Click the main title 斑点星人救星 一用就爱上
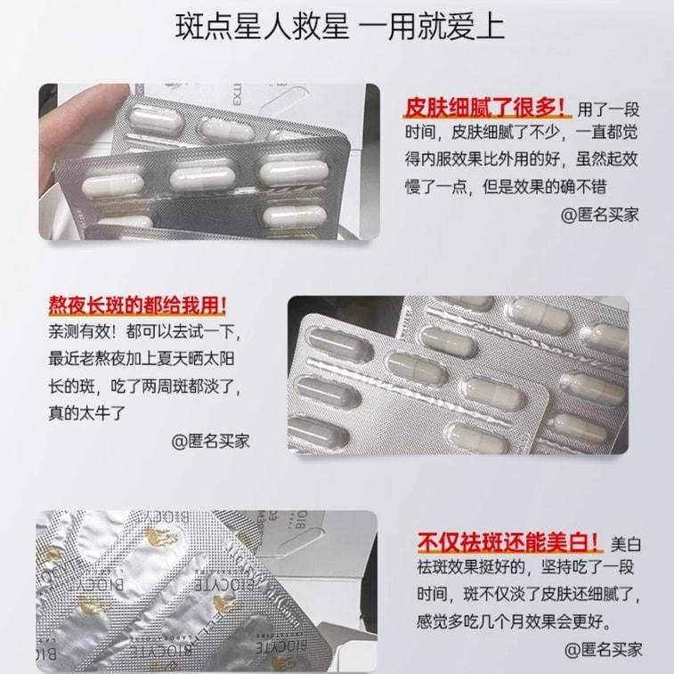337,26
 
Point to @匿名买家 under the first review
599,215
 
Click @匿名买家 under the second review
211,441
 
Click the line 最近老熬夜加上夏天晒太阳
142,360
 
